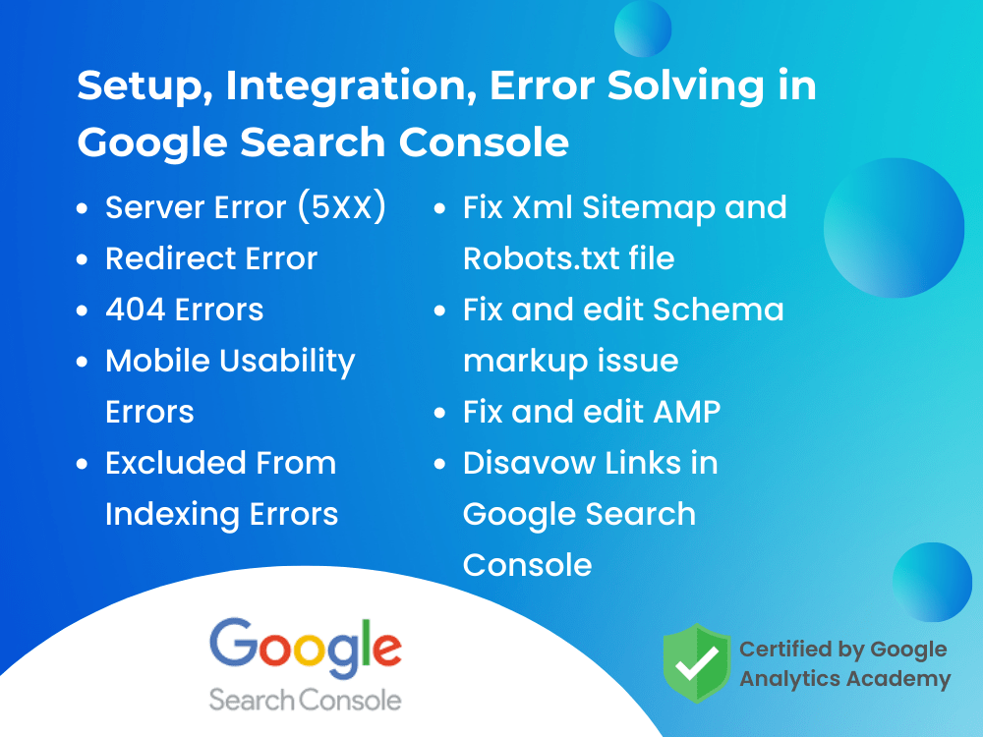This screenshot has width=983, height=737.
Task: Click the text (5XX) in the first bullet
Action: [x=340, y=207]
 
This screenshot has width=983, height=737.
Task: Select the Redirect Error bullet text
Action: [x=211, y=258]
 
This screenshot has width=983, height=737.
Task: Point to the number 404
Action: [x=136, y=310]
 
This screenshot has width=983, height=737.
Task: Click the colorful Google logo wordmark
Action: [x=305, y=648]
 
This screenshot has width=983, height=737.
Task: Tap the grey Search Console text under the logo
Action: [x=305, y=700]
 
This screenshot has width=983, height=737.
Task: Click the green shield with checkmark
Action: [x=696, y=663]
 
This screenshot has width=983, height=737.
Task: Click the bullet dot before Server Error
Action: [x=85, y=209]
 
